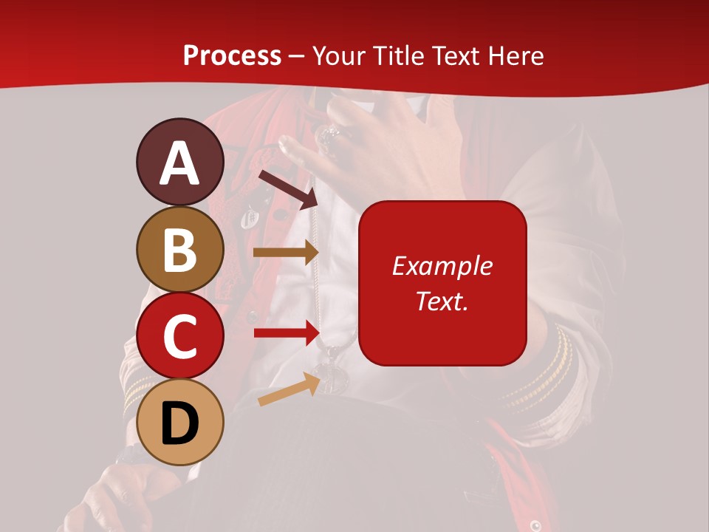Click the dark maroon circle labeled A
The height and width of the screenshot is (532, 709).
click(179, 162)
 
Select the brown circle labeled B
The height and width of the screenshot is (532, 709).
click(179, 249)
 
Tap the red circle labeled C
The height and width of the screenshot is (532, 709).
click(179, 335)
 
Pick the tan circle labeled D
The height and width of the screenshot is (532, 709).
click(179, 422)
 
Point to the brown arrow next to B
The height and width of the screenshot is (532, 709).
click(285, 253)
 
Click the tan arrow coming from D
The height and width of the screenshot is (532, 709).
click(289, 390)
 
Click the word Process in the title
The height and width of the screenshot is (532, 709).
click(232, 55)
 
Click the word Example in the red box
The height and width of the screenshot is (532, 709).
click(442, 266)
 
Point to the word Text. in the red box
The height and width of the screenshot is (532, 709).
click(442, 301)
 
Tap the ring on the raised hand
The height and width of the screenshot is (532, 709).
click(327, 137)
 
